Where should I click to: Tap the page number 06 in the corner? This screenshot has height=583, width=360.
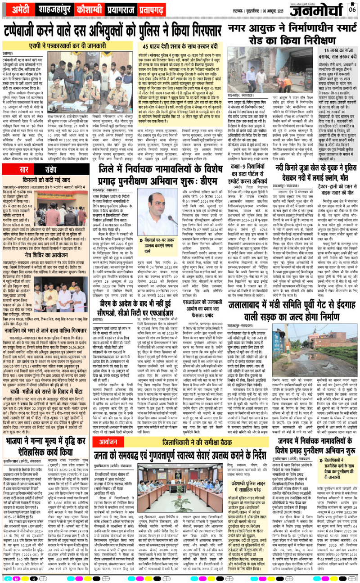click(x=352, y=9)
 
